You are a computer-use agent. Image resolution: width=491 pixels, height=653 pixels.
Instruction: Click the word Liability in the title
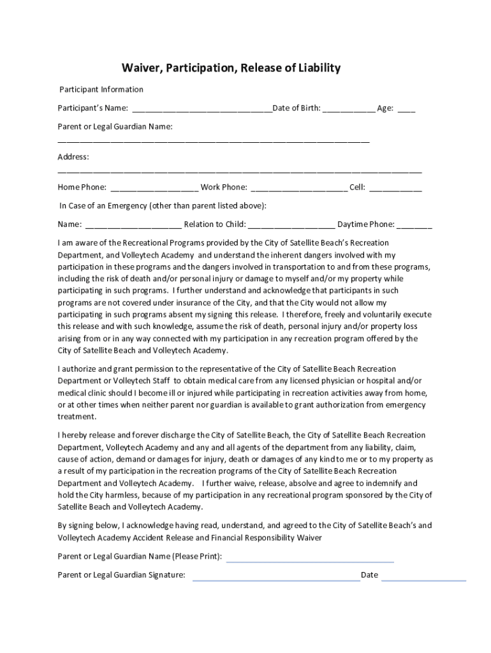(x=317, y=68)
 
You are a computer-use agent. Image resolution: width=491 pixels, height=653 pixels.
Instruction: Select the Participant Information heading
(x=101, y=89)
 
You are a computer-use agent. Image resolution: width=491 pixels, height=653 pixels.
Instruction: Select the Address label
(x=73, y=157)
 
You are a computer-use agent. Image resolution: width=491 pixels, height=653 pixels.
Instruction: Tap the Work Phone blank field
(x=298, y=188)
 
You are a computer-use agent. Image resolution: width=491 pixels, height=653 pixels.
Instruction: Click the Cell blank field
(x=395, y=188)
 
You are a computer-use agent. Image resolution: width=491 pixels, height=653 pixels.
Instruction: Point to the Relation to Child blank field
(x=291, y=225)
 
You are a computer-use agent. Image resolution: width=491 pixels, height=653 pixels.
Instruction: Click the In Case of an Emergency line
(x=163, y=206)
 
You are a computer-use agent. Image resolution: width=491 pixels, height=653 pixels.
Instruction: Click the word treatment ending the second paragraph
(x=77, y=416)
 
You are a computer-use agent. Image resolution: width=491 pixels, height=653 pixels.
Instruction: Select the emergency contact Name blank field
(x=133, y=225)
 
